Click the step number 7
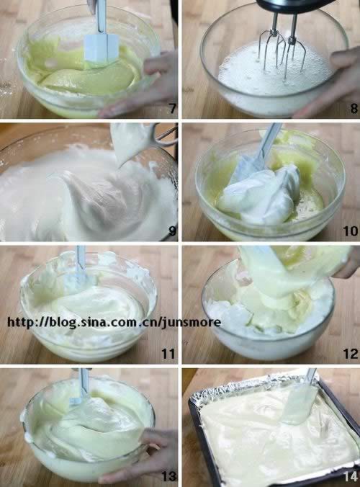click(x=173, y=108)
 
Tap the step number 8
click(x=354, y=108)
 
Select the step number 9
click(x=172, y=231)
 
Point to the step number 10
click(x=351, y=231)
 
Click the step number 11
click(x=168, y=354)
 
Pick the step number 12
click(x=351, y=354)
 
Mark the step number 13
click(x=169, y=476)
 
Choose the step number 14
click(x=351, y=476)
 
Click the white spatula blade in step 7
click(x=102, y=48)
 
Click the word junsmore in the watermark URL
click(x=192, y=323)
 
